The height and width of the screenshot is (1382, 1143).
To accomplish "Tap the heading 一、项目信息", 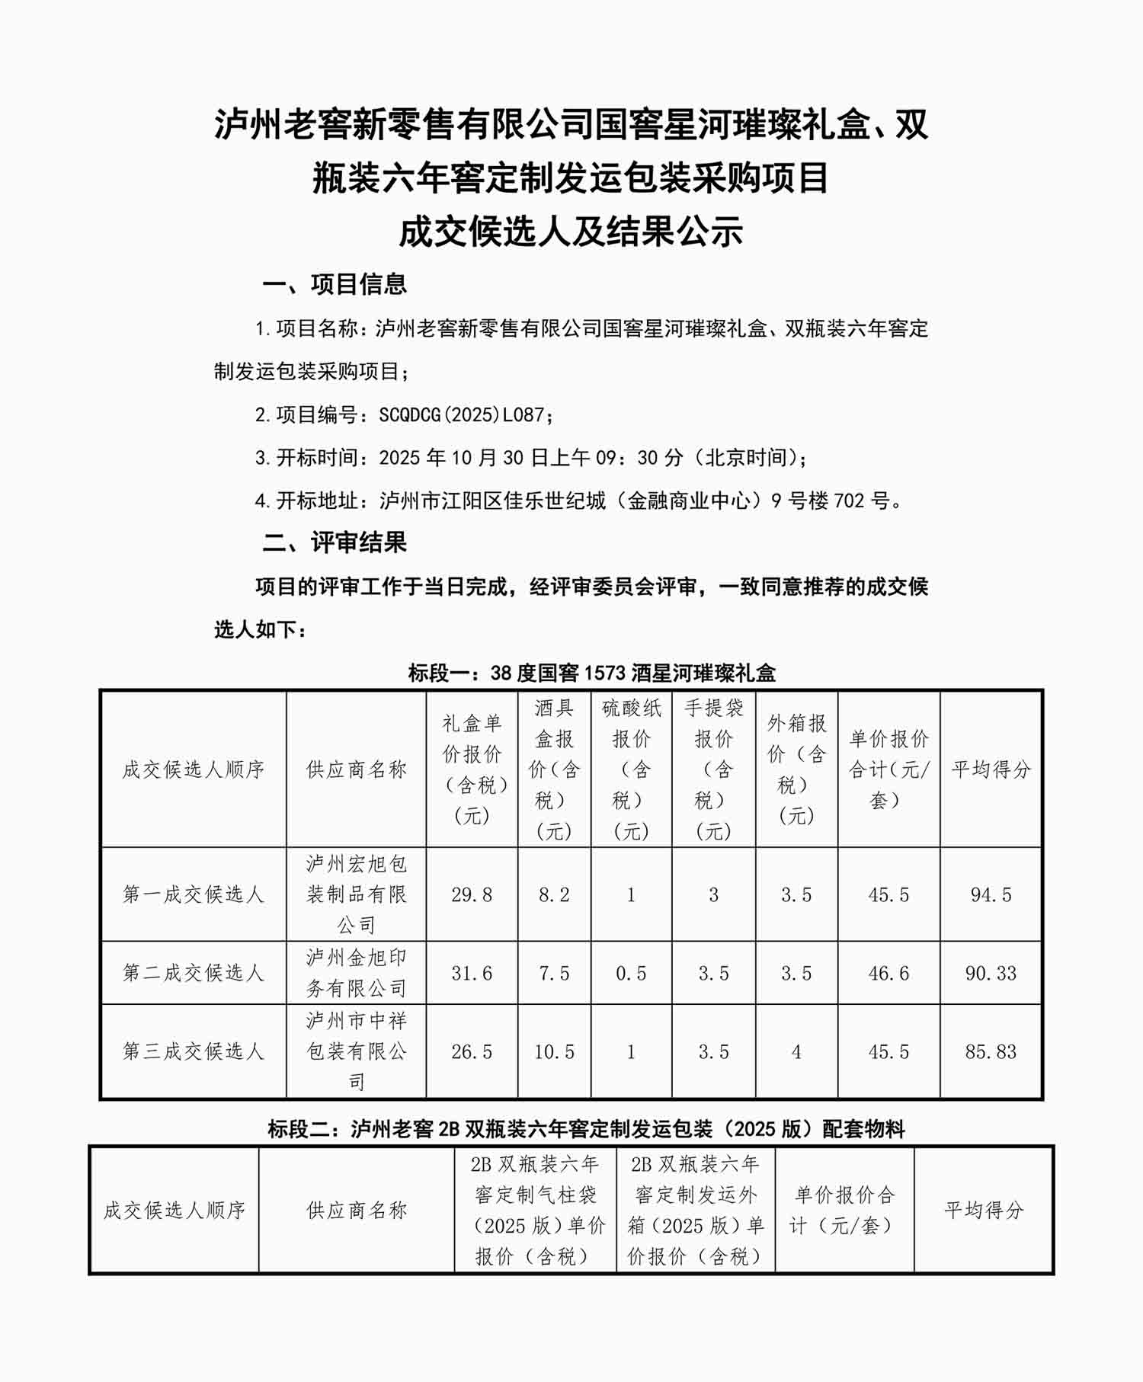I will pos(335,284).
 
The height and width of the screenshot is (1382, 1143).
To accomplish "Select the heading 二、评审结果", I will pos(335,542).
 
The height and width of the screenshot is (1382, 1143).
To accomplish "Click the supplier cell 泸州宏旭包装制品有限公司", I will pos(357,894).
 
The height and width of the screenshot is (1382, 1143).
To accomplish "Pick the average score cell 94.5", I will pos(991,894).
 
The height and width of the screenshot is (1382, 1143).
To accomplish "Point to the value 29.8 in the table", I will pos(472,894).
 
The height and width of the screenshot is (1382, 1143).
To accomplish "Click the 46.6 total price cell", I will pos(888,973).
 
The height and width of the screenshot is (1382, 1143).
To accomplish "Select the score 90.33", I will pos(991,973).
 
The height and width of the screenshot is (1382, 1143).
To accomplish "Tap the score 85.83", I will pos(991,1051).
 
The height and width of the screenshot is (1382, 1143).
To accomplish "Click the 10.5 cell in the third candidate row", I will pos(554,1051).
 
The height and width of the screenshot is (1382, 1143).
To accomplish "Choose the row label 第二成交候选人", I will pos(194,973).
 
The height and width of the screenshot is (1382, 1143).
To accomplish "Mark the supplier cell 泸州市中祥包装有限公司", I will pos(357,1051).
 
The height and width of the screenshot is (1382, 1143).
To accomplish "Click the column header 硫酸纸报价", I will pos(631,769).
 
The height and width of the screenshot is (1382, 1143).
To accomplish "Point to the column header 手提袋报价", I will pos(713,769).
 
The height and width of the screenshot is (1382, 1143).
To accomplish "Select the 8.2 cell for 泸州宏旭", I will pos(554,894).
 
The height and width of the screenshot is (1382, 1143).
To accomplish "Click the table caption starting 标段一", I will pos(591,673).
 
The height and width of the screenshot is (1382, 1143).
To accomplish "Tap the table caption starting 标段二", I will pos(586,1128).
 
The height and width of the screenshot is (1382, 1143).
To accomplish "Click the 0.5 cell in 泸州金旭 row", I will pos(631,973).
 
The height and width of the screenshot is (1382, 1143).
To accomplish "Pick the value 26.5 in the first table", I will pos(472,1051).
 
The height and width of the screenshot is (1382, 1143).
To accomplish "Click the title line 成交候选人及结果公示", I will pos(571,232).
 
